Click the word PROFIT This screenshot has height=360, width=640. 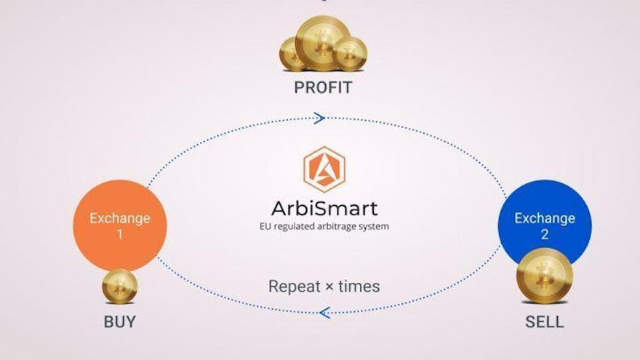(x=323, y=88)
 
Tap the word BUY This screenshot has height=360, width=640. (x=119, y=321)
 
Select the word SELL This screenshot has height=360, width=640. (x=544, y=321)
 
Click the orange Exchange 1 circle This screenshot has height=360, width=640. (x=120, y=225)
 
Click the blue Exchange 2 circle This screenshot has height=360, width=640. (x=544, y=218)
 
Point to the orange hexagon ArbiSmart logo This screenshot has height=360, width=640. (x=324, y=169)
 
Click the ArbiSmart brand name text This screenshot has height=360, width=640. (x=324, y=209)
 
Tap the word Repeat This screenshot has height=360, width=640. (x=294, y=287)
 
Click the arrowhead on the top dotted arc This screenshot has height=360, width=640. (x=319, y=118)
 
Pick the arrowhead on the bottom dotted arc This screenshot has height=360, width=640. (x=324, y=313)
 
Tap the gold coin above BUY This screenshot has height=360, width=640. (x=120, y=286)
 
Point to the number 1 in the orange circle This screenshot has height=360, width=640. (x=120, y=234)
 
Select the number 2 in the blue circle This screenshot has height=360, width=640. (x=544, y=234)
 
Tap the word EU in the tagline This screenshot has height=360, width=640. (x=265, y=226)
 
